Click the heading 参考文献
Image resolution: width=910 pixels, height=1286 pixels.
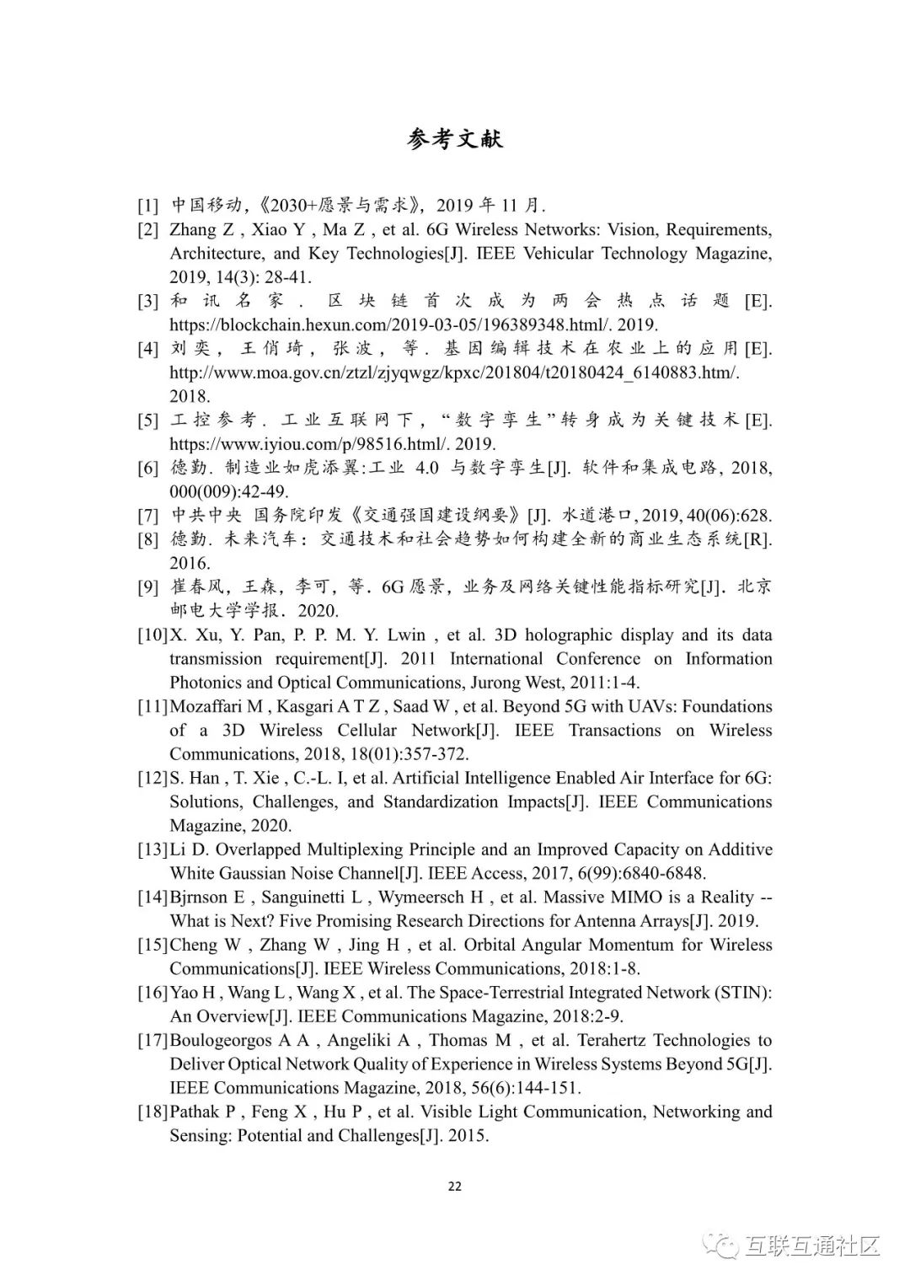(x=454, y=139)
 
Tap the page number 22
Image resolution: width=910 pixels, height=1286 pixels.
(x=454, y=1187)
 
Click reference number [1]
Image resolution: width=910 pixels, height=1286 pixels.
(x=148, y=206)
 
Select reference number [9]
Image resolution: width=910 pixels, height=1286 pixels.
(x=148, y=587)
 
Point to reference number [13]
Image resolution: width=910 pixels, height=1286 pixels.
(x=153, y=849)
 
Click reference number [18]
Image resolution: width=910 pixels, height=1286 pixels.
(x=153, y=1112)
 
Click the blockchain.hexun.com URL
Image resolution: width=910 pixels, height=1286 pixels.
(x=413, y=324)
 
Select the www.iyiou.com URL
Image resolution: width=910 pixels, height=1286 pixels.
(x=332, y=444)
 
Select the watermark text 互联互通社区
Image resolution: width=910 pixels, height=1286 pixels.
(x=813, y=1246)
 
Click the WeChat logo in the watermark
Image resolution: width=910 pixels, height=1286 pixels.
(x=724, y=1246)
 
